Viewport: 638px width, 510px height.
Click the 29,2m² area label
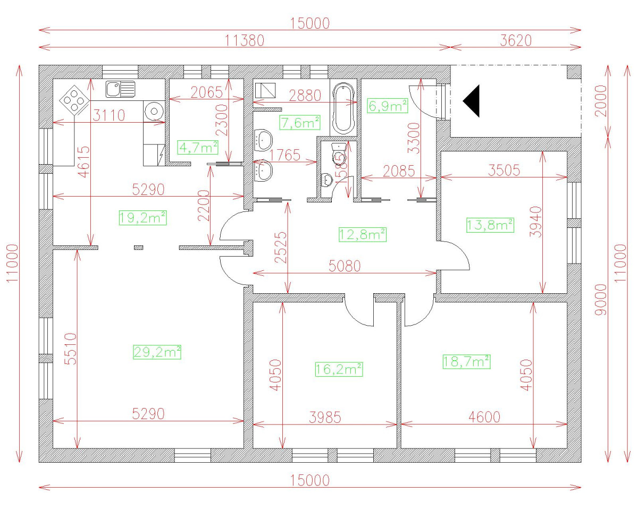(x=157, y=352)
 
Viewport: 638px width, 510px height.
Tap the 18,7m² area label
(x=466, y=362)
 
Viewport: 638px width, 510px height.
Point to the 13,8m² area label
(x=490, y=225)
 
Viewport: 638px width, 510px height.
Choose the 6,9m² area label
(x=388, y=106)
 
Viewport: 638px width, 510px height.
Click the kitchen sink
(x=120, y=89)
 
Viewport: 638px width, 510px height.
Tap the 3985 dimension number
(x=325, y=417)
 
